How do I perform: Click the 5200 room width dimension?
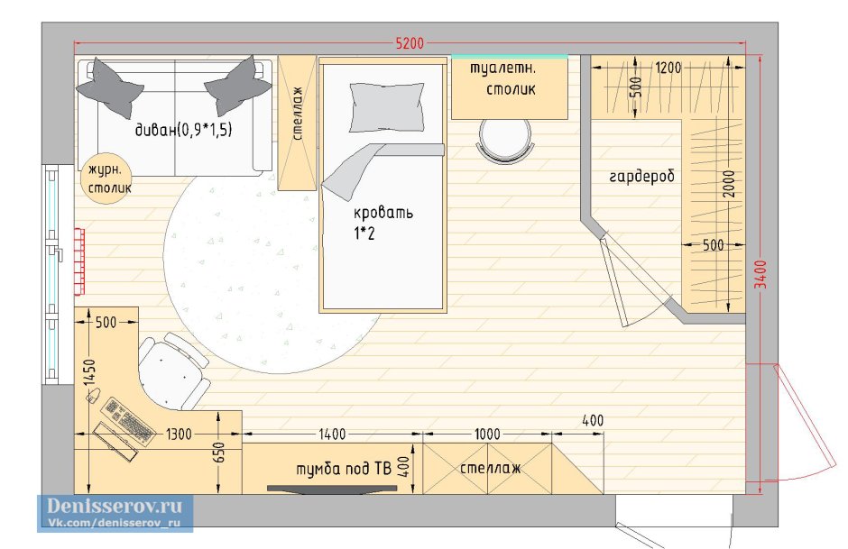point(410,42)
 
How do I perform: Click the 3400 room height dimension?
point(760,274)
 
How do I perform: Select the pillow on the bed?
point(386,107)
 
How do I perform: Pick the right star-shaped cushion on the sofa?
point(237,86)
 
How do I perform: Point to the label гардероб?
point(642,177)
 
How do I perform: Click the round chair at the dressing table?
point(505,140)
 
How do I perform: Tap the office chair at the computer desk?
point(173,371)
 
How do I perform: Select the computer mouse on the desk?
point(94,395)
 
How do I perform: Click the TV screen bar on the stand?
point(332,489)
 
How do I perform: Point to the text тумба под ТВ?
point(344,468)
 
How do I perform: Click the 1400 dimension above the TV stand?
point(331,434)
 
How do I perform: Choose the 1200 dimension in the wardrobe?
point(668,68)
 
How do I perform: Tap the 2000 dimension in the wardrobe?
point(729,184)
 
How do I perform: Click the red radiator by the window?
point(79,261)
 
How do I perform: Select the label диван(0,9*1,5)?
point(183,130)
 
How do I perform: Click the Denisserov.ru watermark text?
point(115,506)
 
